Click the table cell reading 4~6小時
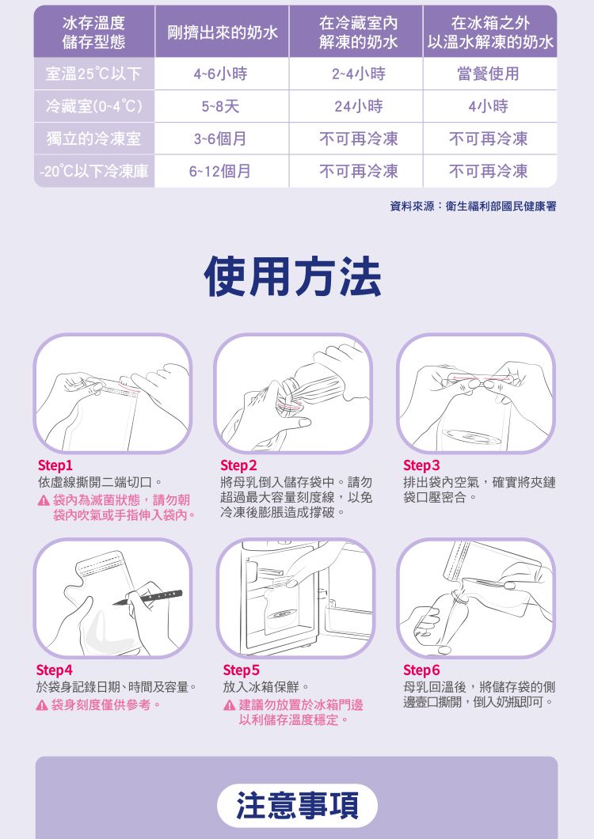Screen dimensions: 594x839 tap(220, 74)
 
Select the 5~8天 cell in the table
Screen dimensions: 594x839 tap(220, 107)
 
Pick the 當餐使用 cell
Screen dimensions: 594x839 tap(488, 74)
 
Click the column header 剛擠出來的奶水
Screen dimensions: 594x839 tap(223, 32)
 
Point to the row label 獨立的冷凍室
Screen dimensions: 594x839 tap(93, 139)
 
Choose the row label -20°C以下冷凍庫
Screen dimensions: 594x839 tap(93, 171)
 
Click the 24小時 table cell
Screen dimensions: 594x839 tap(358, 107)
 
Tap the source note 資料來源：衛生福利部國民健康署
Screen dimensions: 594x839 tap(473, 207)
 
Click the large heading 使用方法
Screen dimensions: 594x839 tap(293, 277)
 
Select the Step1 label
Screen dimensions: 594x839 tap(55, 465)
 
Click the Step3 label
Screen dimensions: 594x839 tap(421, 465)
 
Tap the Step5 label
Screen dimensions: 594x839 tap(241, 670)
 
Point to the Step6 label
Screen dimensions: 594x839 tap(421, 670)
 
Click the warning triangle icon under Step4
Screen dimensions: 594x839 tap(42, 705)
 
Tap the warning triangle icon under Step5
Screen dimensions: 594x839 tap(229, 705)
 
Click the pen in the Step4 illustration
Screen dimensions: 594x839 tap(147, 598)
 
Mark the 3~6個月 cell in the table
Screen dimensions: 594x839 tap(220, 139)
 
